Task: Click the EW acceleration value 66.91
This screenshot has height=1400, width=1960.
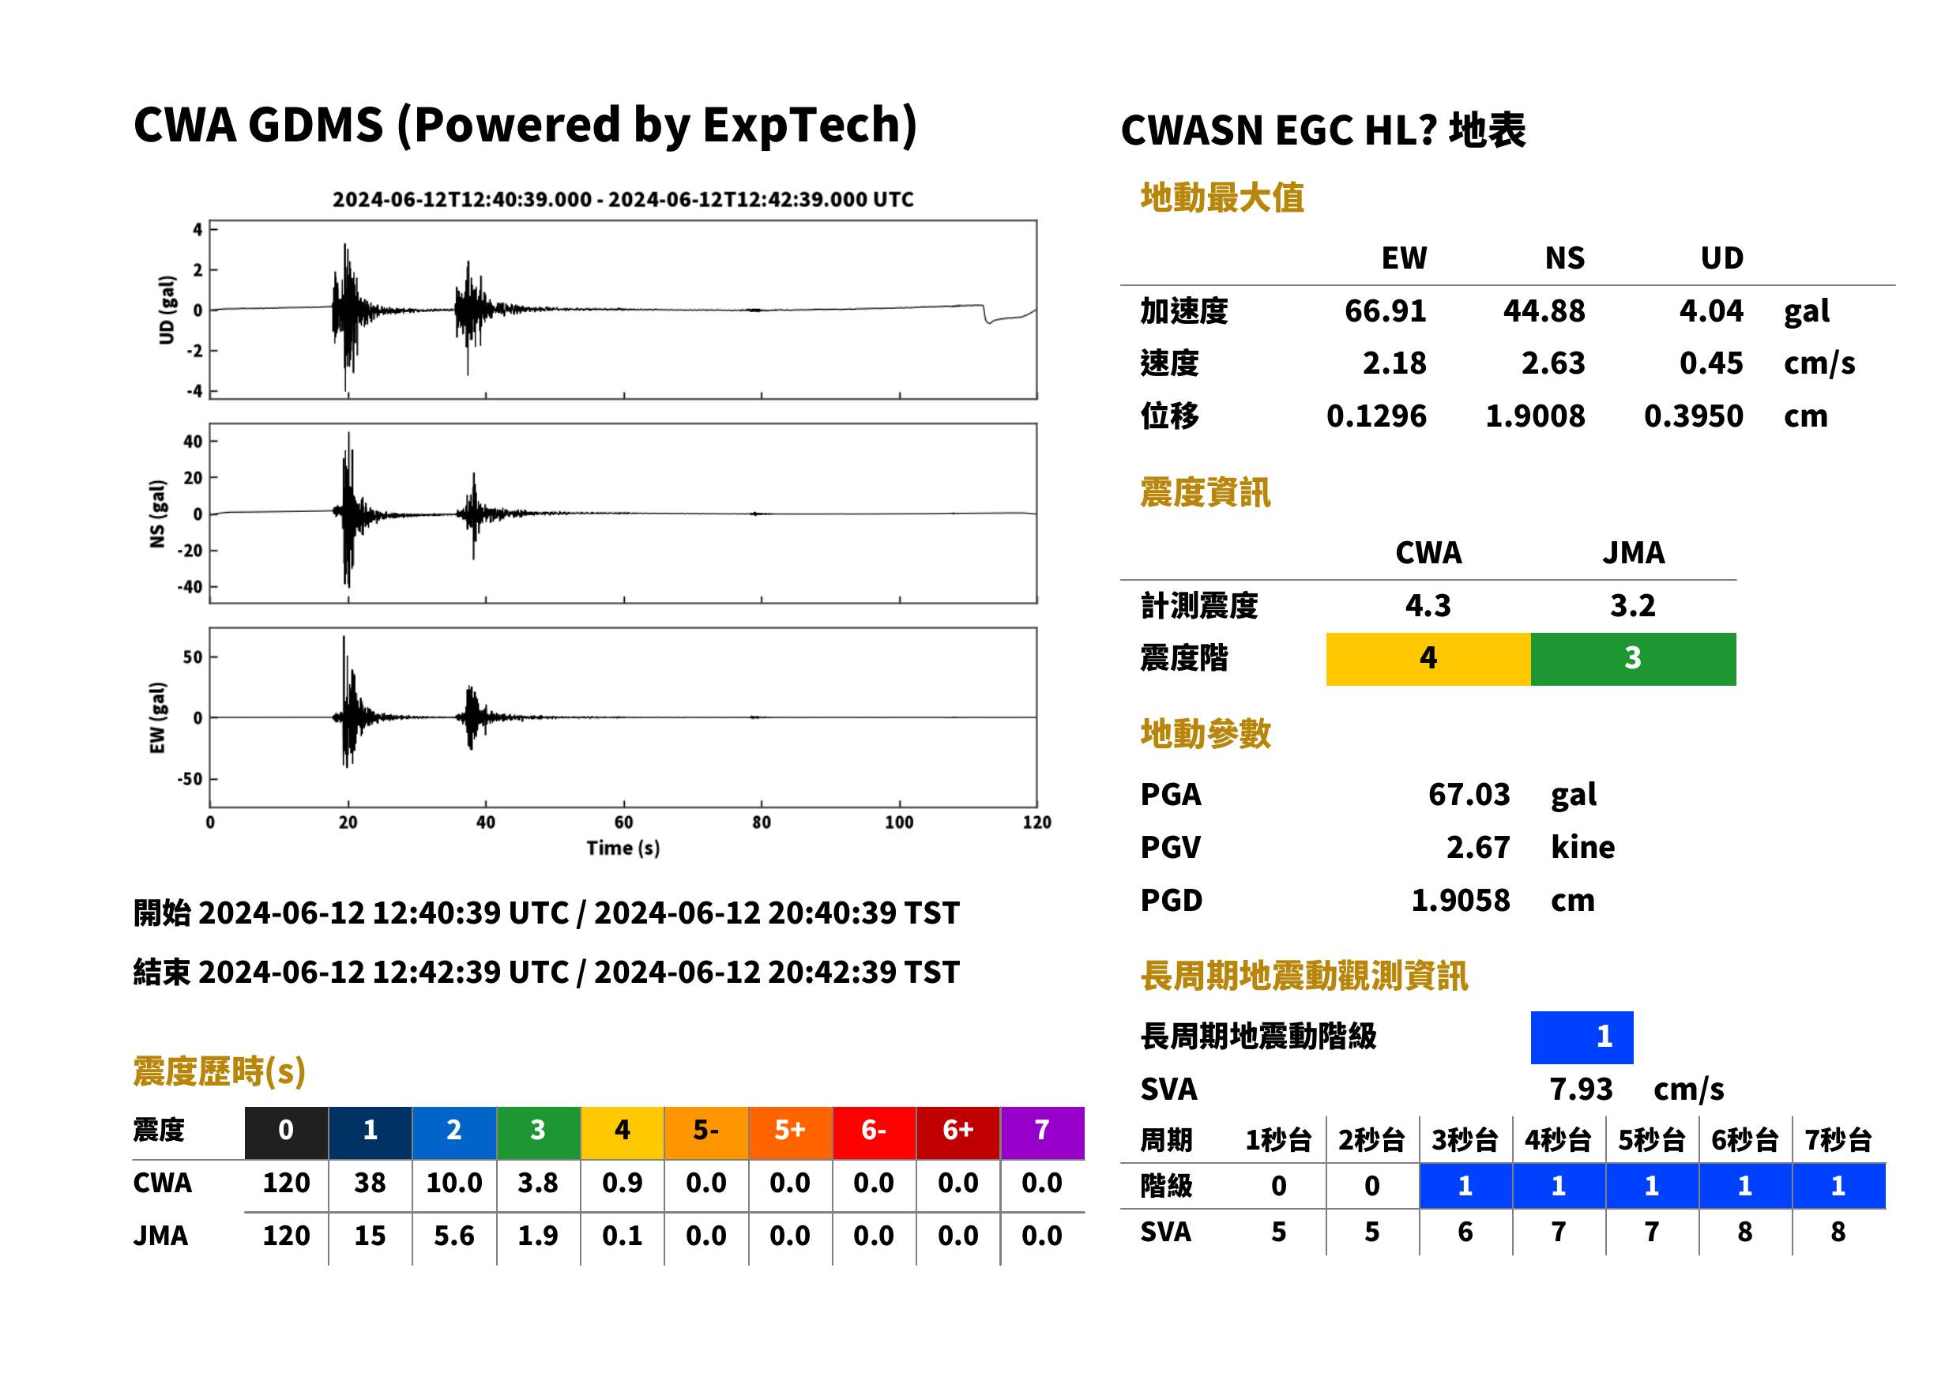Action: (1384, 310)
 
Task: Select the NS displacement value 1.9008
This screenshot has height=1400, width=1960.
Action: (1534, 416)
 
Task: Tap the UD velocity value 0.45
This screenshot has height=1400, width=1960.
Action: (1711, 363)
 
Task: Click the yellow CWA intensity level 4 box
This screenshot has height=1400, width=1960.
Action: (1428, 659)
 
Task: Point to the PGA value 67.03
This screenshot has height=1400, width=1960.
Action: (1469, 794)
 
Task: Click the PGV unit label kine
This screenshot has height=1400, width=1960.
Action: (1582, 848)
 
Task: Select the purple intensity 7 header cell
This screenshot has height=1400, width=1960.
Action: (1042, 1132)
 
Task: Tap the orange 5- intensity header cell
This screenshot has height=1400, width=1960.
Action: (706, 1132)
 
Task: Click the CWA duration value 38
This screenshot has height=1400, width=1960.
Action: (370, 1183)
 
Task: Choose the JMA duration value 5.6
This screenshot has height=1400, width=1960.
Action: (454, 1236)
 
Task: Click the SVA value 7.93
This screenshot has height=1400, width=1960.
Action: (1581, 1090)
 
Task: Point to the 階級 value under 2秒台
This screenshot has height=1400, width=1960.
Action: (1372, 1186)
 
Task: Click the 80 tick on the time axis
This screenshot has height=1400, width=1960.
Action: (761, 822)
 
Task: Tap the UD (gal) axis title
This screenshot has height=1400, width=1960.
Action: (167, 310)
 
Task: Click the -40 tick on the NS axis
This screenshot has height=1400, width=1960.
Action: (190, 587)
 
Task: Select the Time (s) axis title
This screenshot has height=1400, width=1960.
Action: (623, 849)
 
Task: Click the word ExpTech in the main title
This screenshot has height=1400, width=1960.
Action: (803, 125)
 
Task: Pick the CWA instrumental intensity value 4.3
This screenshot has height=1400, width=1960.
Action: (1428, 606)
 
